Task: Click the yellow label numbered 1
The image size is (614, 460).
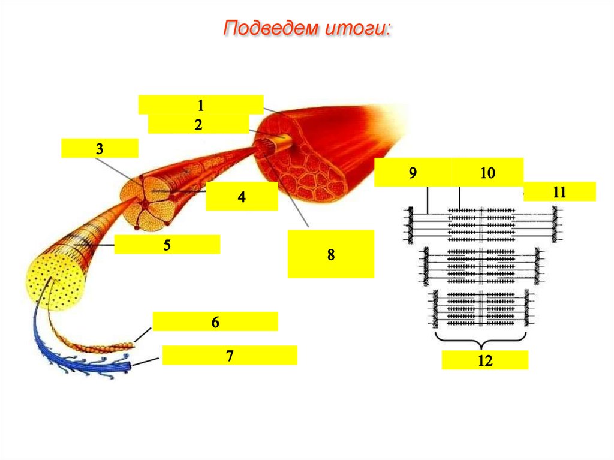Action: (200, 104)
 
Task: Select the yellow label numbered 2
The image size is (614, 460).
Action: (198, 124)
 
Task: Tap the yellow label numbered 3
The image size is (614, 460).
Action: (100, 148)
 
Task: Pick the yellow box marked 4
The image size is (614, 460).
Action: (242, 196)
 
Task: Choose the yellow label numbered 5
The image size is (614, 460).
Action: (167, 245)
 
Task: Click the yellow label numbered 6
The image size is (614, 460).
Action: (215, 321)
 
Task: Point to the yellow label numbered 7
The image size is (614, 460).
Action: (230, 356)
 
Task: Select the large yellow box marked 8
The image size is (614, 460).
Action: (331, 254)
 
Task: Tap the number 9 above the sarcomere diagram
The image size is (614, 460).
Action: (413, 172)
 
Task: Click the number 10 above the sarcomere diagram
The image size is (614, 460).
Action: (487, 172)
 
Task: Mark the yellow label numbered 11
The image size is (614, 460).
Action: (559, 191)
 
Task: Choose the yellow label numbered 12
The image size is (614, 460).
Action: (484, 360)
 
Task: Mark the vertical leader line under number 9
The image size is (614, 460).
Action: (427, 200)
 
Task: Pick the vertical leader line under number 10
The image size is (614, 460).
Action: (459, 198)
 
